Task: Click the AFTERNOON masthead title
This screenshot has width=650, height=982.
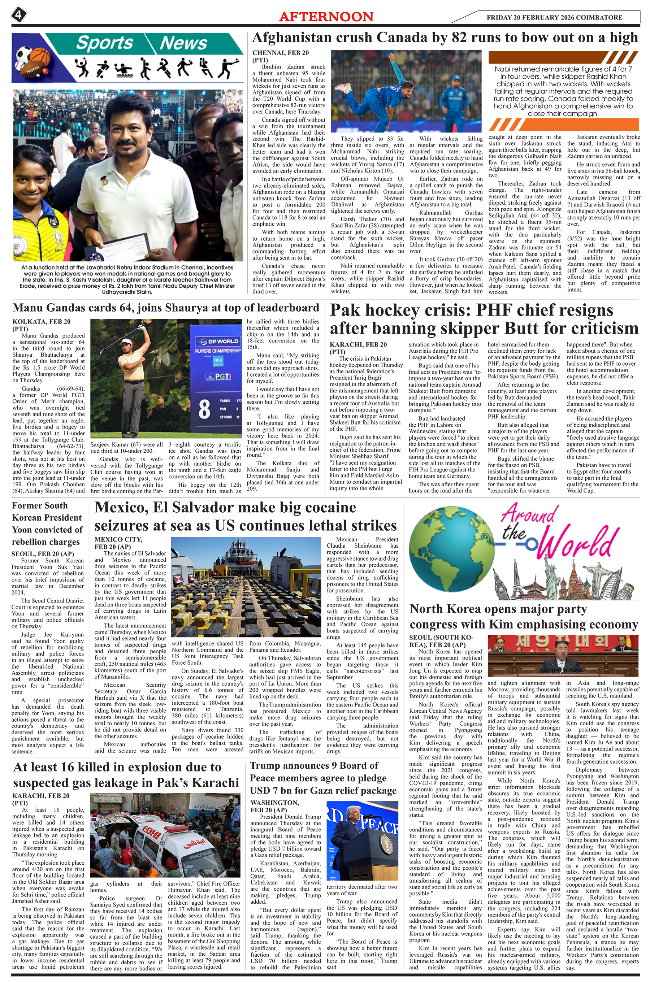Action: [326, 17]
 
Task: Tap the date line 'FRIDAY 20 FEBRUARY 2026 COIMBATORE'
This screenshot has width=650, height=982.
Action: [554, 17]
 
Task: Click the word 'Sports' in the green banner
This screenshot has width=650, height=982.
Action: [104, 43]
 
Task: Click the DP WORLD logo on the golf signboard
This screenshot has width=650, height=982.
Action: [218, 341]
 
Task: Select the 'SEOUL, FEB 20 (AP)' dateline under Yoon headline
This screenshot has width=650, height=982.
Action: [43, 553]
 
